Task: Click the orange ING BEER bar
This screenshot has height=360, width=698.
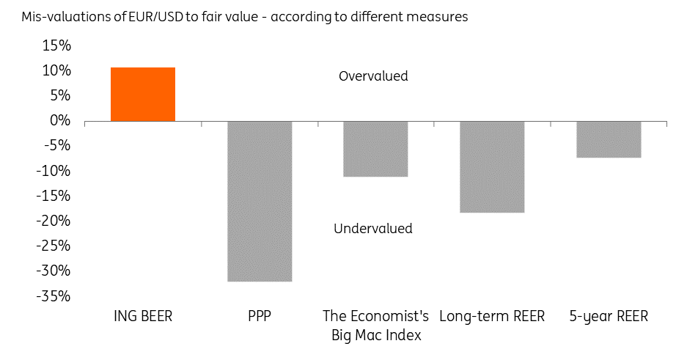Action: pos(143,95)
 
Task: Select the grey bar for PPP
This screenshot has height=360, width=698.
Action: pos(260,201)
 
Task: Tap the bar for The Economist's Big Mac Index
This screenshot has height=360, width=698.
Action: pos(375,149)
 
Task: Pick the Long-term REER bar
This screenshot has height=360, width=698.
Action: pos(492,166)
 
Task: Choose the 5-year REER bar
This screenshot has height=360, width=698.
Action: pos(609,139)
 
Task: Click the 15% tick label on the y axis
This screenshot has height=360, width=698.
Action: pos(56,45)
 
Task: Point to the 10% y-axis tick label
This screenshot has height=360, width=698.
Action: pos(56,70)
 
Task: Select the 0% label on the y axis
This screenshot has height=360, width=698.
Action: pos(59,120)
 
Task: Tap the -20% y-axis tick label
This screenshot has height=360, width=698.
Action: pos(54,221)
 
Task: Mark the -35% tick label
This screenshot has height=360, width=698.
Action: pos(54,296)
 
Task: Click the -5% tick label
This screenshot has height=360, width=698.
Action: pos(56,145)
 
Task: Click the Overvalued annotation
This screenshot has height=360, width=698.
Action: pos(373,76)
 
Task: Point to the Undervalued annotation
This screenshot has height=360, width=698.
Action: pos(372,229)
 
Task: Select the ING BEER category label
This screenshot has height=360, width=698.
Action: pos(142,317)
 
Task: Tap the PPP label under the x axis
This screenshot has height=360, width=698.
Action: pos(260,317)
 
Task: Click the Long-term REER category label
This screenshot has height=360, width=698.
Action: pos(492,317)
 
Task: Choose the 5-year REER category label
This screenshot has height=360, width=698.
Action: pos(609,317)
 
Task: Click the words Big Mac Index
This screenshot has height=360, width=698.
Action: pos(375,335)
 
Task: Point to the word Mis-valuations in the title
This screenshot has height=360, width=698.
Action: pos(48,17)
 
